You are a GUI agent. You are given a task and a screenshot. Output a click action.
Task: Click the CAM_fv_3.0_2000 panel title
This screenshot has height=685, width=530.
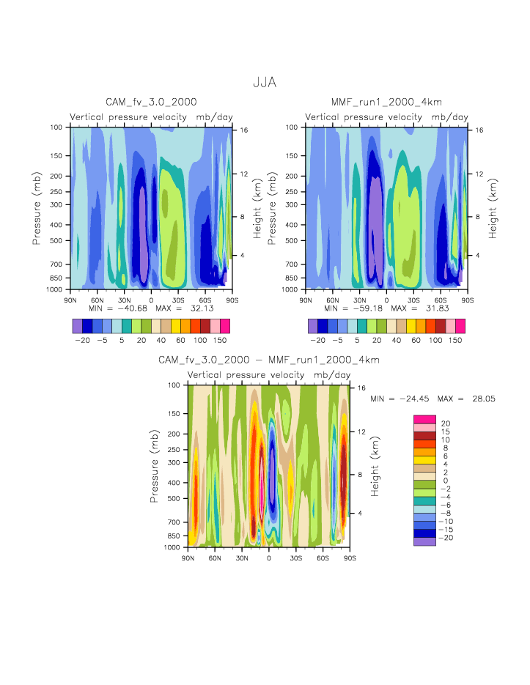(151, 102)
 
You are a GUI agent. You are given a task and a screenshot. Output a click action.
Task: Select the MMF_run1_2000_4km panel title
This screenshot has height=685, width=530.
(386, 102)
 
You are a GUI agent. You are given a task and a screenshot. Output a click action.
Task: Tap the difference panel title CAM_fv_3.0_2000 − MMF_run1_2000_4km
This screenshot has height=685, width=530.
(268, 360)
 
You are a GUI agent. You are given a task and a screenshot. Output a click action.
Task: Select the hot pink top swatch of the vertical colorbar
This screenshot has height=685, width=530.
(424, 419)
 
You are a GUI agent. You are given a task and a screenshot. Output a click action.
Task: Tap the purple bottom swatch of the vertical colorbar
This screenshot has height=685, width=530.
(424, 541)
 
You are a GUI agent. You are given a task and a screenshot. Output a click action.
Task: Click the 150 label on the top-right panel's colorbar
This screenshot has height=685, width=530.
(455, 341)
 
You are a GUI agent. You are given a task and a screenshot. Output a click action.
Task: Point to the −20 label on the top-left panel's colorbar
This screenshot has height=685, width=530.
(82, 341)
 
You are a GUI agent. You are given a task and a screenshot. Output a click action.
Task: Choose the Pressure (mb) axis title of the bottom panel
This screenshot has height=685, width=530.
(155, 466)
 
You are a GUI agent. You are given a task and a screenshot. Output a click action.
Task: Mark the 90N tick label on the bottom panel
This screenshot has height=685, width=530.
(188, 558)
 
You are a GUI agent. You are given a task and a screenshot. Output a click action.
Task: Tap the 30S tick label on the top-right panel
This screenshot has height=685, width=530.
(413, 300)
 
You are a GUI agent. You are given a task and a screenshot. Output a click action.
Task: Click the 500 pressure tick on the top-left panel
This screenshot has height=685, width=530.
(59, 240)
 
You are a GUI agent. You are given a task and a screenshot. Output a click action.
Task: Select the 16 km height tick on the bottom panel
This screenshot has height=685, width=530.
(360, 388)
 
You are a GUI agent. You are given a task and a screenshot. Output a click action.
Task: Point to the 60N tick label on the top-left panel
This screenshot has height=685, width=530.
(97, 300)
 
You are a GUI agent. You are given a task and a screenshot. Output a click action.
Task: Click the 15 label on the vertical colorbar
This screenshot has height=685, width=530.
(446, 432)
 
